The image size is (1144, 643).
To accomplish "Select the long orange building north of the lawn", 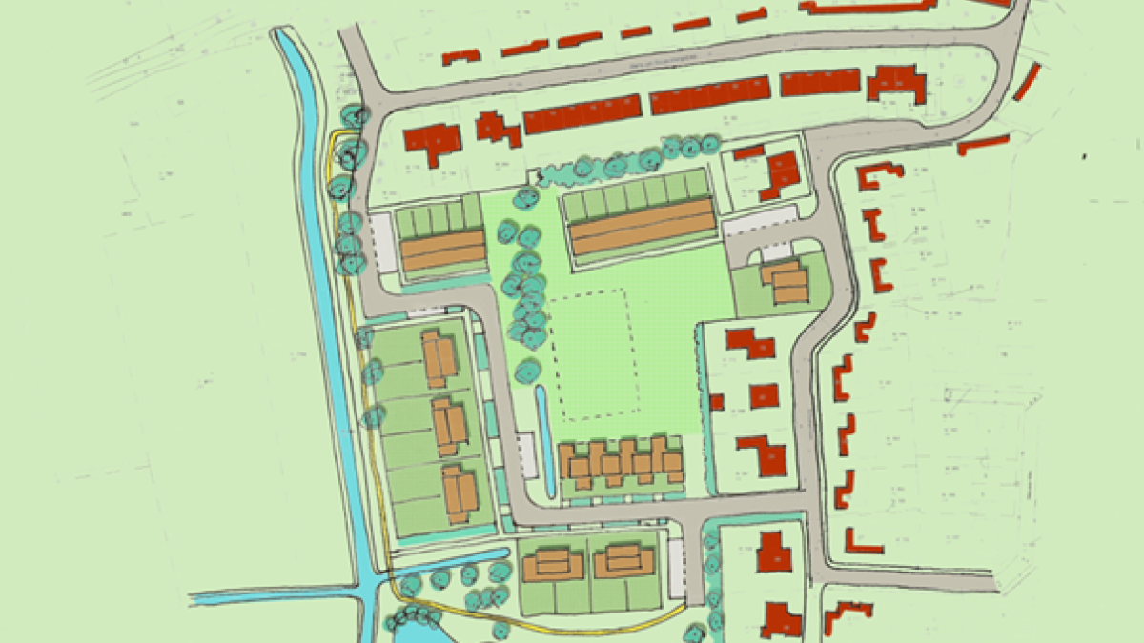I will [643, 227].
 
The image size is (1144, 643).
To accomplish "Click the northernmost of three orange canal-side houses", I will [439, 355].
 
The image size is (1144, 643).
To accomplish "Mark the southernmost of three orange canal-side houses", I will [460, 492].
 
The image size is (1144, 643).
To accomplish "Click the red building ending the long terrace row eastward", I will [896, 84].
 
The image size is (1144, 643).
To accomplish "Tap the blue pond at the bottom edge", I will [419, 629].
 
